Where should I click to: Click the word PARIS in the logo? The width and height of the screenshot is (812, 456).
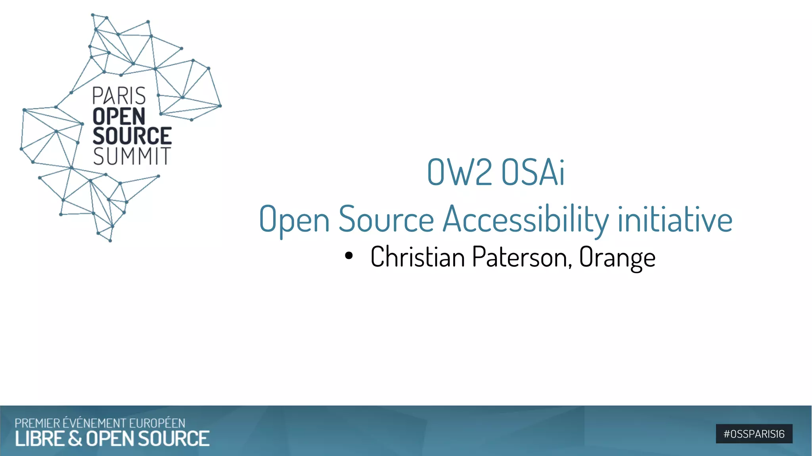pos(119,96)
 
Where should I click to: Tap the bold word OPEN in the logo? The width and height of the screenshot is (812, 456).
pos(119,116)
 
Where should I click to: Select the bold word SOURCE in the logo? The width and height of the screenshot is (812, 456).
pos(132,136)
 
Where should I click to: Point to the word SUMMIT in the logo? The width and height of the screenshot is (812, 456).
pos(132,156)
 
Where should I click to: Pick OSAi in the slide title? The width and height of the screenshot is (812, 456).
pos(533,172)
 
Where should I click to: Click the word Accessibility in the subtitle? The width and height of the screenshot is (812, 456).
pos(526,219)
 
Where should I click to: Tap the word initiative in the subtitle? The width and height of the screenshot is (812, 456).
pos(675,219)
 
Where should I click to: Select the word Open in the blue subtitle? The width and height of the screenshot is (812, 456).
pos(294,219)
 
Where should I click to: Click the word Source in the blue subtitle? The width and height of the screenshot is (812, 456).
pos(386,219)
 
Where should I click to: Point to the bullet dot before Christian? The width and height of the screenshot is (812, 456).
pos(349,256)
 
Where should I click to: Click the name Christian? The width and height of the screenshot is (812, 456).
pos(417,257)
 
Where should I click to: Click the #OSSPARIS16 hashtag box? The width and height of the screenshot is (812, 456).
pos(754,434)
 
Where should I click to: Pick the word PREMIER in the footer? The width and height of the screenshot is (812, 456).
pos(38,423)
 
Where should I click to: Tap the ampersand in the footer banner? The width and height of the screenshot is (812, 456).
pos(75,439)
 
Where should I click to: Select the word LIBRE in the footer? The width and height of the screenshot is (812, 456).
pos(40,439)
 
